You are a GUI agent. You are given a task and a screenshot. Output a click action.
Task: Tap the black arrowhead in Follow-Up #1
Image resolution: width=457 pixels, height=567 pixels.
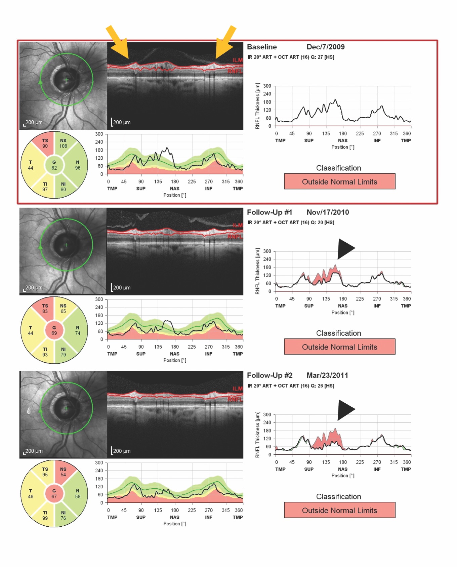345,249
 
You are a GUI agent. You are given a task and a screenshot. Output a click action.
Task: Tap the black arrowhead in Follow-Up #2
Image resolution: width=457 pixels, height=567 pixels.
345,410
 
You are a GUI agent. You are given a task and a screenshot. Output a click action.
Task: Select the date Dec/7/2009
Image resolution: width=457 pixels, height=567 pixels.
325,47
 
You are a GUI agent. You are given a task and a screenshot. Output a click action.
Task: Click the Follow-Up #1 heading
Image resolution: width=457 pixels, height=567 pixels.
269,212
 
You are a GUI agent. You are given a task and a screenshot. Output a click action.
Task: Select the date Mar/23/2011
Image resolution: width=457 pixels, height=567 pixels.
327,375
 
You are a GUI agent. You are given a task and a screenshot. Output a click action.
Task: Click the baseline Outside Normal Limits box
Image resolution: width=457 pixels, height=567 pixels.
339,181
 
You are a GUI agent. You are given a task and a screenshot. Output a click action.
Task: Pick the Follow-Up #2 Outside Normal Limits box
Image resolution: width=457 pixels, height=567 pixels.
339,510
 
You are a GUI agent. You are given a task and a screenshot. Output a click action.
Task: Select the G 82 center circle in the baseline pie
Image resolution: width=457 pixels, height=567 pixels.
54,165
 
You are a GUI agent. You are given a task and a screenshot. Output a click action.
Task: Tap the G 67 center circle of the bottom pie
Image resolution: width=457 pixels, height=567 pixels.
54,494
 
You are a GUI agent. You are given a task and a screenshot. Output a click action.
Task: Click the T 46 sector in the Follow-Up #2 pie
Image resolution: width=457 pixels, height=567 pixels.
31,494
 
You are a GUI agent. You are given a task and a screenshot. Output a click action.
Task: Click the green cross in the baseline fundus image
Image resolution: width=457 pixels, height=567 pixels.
67,80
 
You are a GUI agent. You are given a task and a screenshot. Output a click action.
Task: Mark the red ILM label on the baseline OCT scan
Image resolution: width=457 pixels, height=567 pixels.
237,60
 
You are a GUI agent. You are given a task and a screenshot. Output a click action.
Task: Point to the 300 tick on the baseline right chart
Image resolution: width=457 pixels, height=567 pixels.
267,86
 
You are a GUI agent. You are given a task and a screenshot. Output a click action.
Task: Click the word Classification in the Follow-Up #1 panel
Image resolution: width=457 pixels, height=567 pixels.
338,333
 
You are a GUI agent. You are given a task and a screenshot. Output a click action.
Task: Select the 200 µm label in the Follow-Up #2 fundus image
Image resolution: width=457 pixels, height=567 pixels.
34,451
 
